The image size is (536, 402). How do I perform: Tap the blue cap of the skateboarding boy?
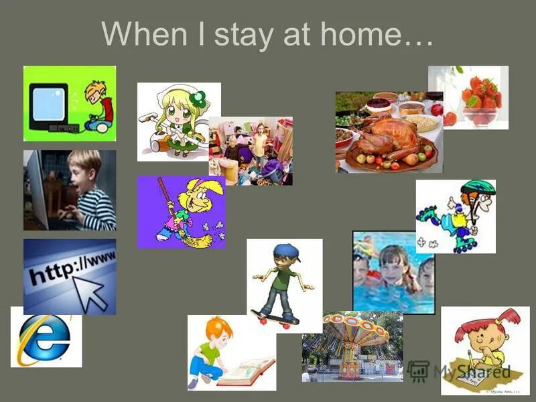285,251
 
